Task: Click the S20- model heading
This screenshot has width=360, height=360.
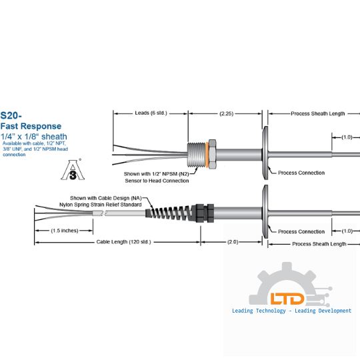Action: tap(11, 115)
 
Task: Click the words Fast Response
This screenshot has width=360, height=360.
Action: tap(31, 126)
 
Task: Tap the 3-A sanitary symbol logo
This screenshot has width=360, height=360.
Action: tap(73, 170)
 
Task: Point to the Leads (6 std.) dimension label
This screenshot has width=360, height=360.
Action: tap(151, 113)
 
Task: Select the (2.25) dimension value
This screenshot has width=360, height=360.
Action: tap(227, 113)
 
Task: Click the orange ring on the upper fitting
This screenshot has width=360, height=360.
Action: tap(207, 155)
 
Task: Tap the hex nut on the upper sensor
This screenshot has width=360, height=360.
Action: tap(212, 154)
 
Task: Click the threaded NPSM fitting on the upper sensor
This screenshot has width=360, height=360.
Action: tap(197, 155)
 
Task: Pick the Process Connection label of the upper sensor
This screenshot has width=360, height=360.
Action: tap(301, 173)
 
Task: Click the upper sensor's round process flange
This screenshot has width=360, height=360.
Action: tap(265, 153)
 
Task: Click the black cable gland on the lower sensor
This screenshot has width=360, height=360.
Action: tap(205, 213)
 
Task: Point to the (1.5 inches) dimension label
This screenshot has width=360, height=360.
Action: tap(65, 231)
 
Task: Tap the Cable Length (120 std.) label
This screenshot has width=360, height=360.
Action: tap(123, 242)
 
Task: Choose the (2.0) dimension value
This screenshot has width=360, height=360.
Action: tap(233, 242)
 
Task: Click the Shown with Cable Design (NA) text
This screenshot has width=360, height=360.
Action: tap(106, 198)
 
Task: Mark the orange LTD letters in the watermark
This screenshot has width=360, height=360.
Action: tap(287, 299)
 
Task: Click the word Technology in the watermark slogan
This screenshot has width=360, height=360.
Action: tap(271, 311)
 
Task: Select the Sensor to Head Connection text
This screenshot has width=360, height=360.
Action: tap(157, 181)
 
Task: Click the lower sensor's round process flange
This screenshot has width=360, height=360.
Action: tap(265, 212)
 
